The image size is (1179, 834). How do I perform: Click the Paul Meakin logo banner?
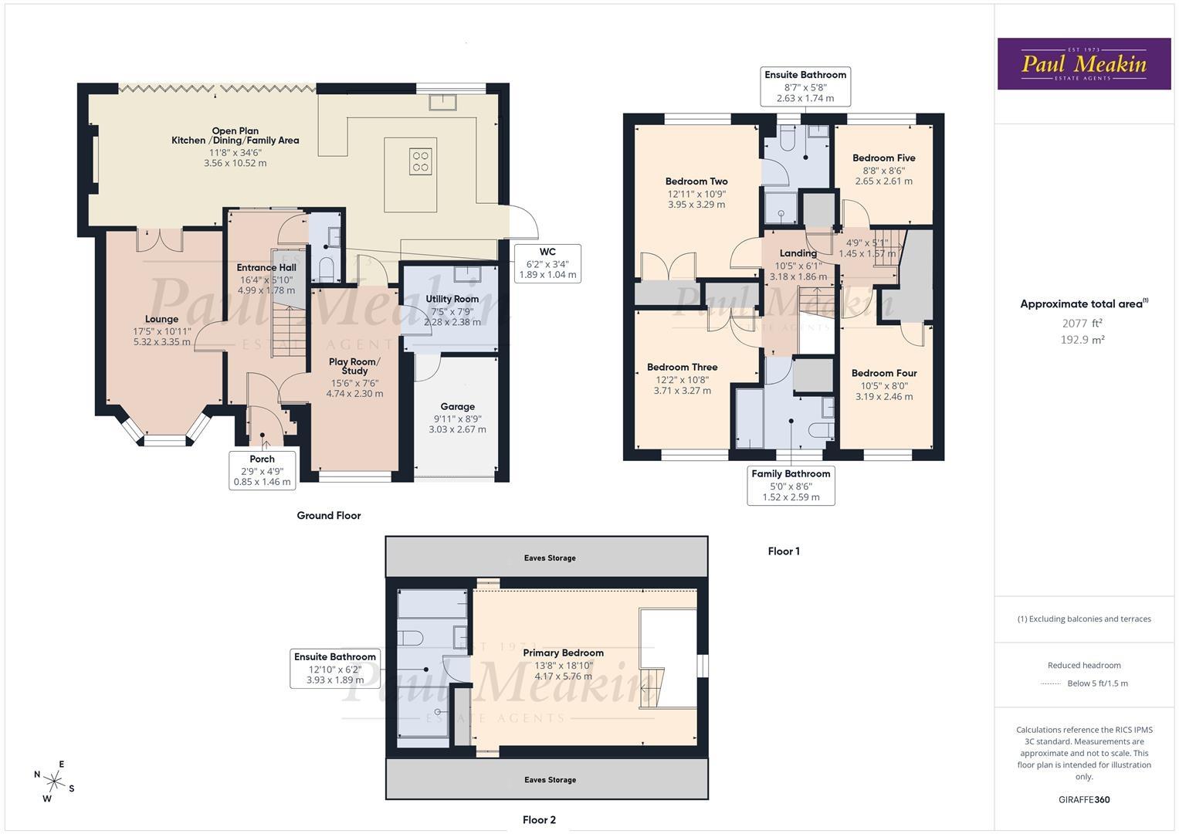click(x=1084, y=63)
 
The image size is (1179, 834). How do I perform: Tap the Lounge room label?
click(x=161, y=319)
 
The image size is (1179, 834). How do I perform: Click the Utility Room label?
click(x=452, y=299)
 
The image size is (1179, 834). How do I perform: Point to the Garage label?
click(x=457, y=406)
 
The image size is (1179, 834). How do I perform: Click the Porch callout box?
click(x=263, y=470)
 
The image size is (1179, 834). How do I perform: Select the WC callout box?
click(x=547, y=263)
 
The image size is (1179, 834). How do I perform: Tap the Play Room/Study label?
click(x=354, y=366)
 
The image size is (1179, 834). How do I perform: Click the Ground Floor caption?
click(x=329, y=515)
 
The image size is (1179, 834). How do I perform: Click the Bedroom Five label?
click(x=883, y=158)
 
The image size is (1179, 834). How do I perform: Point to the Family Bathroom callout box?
click(x=791, y=486)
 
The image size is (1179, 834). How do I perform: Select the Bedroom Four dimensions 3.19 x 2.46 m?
click(x=884, y=397)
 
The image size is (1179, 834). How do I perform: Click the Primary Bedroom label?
click(x=563, y=653)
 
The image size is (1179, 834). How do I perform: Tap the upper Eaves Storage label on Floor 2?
click(x=550, y=558)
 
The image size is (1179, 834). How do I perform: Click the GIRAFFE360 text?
click(x=1084, y=800)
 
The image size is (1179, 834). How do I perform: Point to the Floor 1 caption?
click(x=784, y=551)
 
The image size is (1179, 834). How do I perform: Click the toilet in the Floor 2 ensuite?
click(x=411, y=636)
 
